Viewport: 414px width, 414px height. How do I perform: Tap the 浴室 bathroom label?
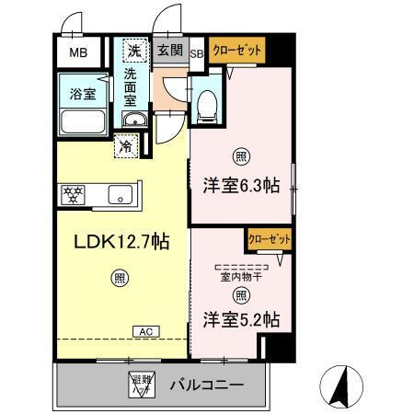[x=83, y=92]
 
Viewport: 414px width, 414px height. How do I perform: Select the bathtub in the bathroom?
[x=83, y=121]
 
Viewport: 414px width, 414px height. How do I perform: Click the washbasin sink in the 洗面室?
[x=134, y=121]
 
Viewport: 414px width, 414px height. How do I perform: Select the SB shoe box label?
[x=196, y=53]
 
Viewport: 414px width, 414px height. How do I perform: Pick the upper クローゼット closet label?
[x=236, y=51]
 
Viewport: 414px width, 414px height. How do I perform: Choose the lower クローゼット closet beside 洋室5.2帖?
[x=267, y=239]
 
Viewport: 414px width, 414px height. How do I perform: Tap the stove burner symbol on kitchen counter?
[x=73, y=194]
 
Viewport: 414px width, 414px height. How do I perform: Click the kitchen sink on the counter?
[x=120, y=194]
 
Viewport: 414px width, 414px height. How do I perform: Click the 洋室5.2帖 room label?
[x=241, y=319]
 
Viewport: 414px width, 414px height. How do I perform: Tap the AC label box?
[x=144, y=329]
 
